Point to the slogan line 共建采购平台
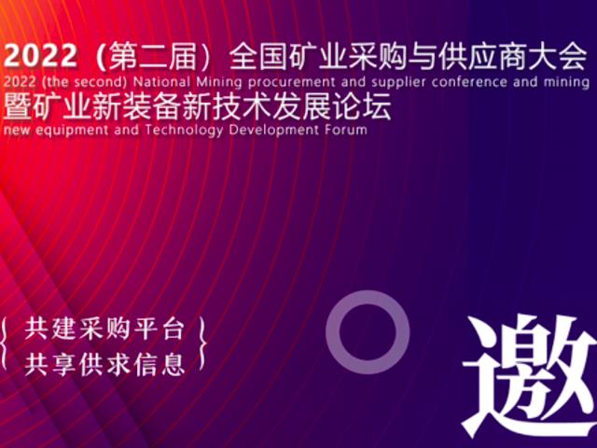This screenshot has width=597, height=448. tap(105, 329)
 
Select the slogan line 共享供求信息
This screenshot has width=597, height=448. tap(105, 363)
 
